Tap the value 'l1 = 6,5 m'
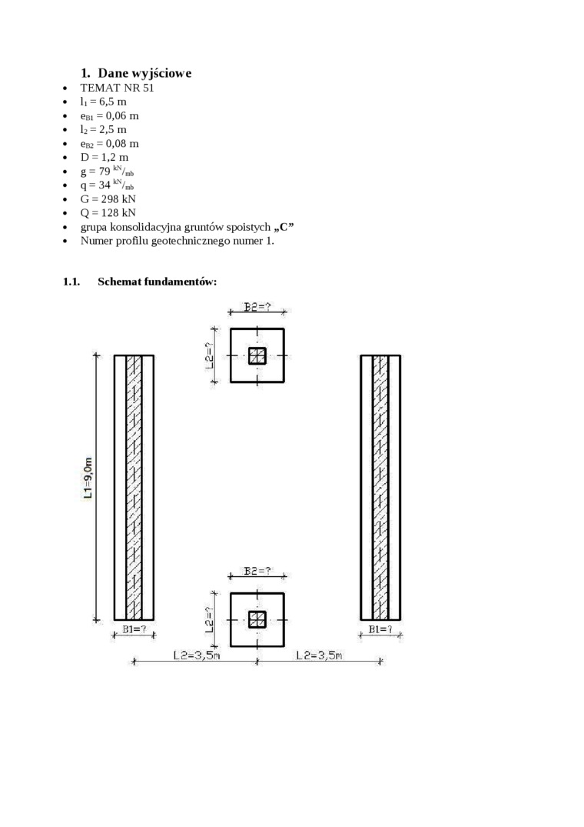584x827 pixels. click(x=104, y=102)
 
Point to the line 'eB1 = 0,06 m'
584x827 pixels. click(x=109, y=115)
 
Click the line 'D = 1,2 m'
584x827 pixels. click(x=105, y=157)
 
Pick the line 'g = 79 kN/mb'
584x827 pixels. click(x=107, y=172)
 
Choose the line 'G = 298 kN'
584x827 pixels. click(x=108, y=198)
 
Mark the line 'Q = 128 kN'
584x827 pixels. click(x=108, y=212)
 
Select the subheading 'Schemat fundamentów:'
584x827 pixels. click(x=157, y=282)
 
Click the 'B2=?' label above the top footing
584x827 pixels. click(x=257, y=307)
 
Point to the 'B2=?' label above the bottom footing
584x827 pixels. click(x=257, y=571)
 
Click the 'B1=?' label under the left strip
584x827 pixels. click(x=134, y=630)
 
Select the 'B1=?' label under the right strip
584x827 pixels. click(x=380, y=630)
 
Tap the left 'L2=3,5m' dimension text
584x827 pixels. click(x=196, y=655)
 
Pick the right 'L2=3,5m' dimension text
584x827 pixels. click(x=319, y=655)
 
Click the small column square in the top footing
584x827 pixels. click(x=257, y=355)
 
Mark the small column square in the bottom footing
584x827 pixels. click(x=257, y=619)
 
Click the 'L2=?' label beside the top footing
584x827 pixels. click(x=211, y=350)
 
